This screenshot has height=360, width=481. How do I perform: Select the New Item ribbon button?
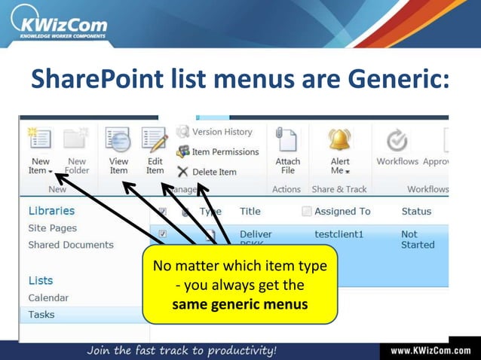click(40, 151)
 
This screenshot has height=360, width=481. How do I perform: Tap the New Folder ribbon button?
click(76, 151)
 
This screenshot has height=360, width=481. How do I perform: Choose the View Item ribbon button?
click(118, 151)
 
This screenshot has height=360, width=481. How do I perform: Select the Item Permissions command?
click(218, 151)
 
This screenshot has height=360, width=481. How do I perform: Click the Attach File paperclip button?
click(287, 151)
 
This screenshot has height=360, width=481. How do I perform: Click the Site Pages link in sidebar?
click(53, 228)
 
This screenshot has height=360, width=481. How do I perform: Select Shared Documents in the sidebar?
click(71, 245)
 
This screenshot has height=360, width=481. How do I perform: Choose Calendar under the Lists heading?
click(48, 297)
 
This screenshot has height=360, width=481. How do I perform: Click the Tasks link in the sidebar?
click(41, 315)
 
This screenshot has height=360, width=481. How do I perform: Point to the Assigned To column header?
click(342, 212)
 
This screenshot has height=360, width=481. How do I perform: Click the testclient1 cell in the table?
click(339, 234)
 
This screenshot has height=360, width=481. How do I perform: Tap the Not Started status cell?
click(418, 239)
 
